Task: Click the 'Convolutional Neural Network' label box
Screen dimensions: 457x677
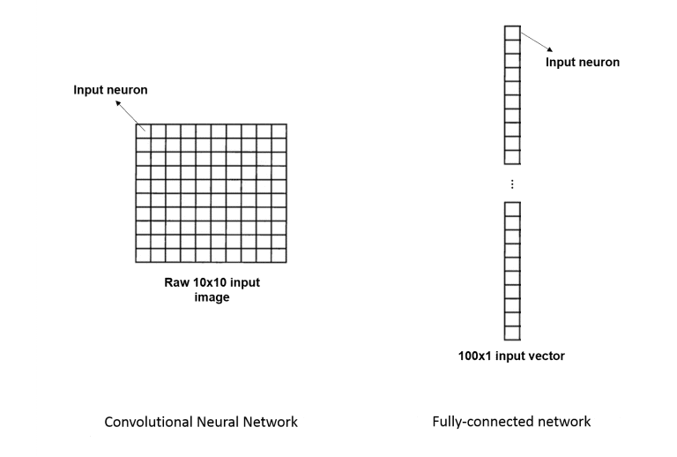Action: [201, 422]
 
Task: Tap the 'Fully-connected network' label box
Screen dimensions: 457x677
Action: [511, 422]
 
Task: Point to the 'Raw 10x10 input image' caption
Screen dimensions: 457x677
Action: [212, 289]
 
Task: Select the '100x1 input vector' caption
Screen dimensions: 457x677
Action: [511, 356]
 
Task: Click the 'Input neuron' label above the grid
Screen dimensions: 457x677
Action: [110, 90]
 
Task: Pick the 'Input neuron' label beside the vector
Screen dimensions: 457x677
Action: [583, 63]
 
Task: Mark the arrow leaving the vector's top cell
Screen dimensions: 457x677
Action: [536, 42]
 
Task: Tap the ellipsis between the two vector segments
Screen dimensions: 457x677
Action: [511, 184]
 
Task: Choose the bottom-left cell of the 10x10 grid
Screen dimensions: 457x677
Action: [143, 256]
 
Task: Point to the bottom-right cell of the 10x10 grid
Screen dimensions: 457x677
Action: [279, 256]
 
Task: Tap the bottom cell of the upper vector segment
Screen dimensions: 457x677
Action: [511, 158]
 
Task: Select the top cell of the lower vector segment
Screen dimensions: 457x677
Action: [511, 206]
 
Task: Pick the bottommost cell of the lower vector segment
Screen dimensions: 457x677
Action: [511, 335]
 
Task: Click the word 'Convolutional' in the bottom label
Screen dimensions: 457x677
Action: [145, 422]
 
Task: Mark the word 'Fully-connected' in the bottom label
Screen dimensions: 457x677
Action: [481, 422]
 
